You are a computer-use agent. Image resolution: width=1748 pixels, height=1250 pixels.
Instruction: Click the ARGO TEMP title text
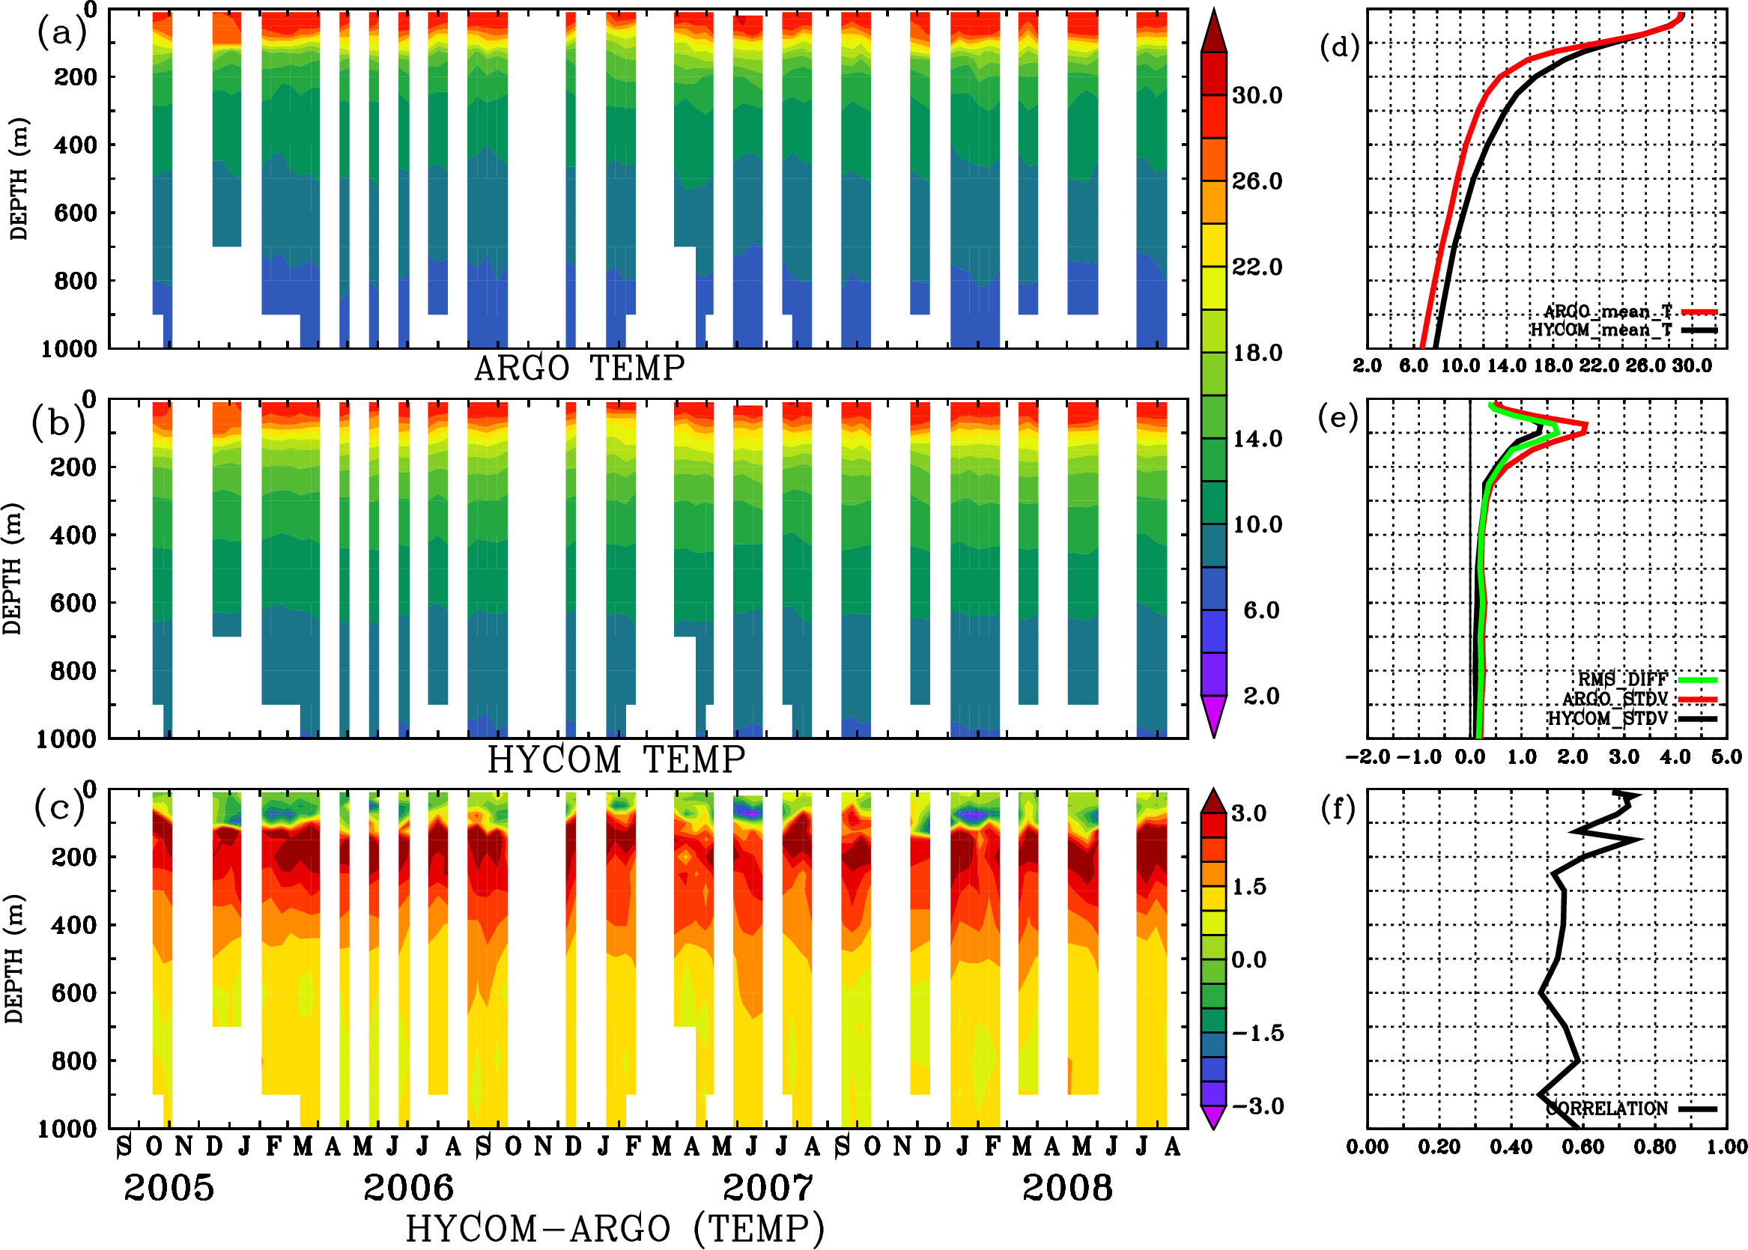click(579, 368)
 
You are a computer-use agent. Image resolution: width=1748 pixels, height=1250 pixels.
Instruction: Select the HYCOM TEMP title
click(616, 759)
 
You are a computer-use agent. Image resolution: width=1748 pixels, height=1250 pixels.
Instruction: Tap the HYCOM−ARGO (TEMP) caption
click(615, 1228)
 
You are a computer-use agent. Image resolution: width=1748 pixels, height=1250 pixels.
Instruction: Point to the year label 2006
click(409, 1188)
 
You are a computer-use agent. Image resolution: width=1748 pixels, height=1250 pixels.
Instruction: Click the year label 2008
click(1067, 1188)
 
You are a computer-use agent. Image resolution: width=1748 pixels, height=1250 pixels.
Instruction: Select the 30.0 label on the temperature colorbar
click(1257, 95)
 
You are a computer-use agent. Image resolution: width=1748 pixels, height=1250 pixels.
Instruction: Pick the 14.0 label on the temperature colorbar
click(1257, 439)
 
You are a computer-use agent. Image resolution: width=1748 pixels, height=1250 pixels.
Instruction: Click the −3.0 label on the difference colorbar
click(1257, 1106)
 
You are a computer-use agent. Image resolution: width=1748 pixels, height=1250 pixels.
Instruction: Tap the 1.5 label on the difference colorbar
click(1248, 887)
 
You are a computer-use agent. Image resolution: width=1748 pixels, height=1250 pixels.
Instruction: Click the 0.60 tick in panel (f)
click(1582, 1147)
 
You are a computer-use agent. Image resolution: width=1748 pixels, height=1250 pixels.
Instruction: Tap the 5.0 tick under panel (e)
click(1726, 756)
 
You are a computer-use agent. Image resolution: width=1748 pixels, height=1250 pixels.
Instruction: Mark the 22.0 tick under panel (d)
click(1600, 365)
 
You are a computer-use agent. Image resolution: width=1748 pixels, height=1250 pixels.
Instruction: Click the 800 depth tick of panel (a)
click(76, 280)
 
